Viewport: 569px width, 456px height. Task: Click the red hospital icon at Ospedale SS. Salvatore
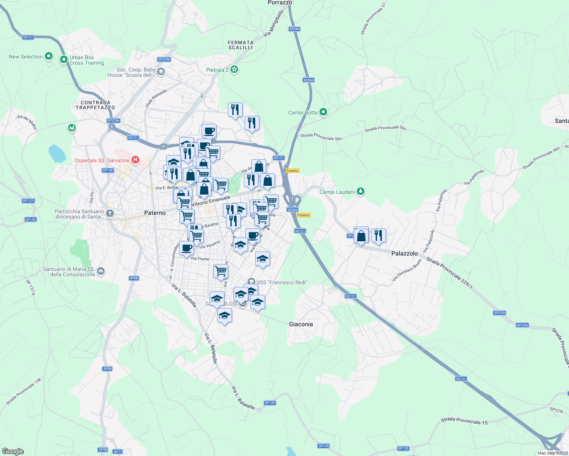tap(135, 160)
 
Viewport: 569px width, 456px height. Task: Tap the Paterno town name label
tap(155, 213)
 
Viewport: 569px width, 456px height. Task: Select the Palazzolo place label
tap(404, 253)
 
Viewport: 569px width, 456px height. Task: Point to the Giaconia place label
tap(301, 324)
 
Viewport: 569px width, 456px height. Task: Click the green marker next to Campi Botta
tap(323, 112)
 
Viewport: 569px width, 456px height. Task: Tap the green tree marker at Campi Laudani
tap(361, 192)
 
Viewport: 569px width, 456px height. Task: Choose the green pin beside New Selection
tap(49, 56)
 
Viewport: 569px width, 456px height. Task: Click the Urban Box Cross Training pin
tap(64, 60)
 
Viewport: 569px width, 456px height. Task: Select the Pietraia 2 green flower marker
tap(234, 70)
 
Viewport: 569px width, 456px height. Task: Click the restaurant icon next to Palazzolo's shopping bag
tap(378, 236)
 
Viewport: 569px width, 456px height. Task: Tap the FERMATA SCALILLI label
tap(241, 45)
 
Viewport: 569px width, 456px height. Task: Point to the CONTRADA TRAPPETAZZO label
tap(95, 105)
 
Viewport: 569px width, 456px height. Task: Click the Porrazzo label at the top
tap(280, 3)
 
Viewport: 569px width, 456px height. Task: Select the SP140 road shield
tap(108, 170)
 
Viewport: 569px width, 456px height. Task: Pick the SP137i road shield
tap(29, 201)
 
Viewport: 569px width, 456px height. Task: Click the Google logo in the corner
tap(13, 451)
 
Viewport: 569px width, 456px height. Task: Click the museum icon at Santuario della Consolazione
tap(101, 271)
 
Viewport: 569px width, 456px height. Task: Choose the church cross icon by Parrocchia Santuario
tap(110, 213)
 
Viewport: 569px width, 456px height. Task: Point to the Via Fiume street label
tap(200, 259)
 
